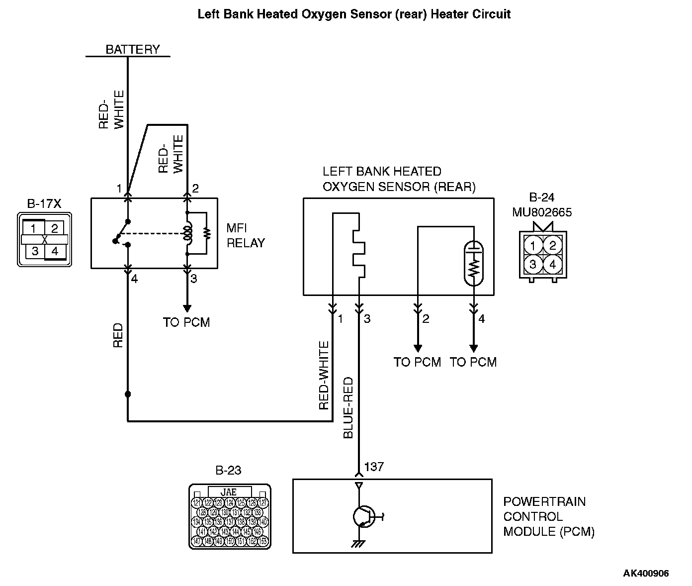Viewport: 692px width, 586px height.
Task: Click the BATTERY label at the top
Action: point(133,49)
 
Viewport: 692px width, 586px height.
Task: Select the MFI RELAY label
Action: point(246,235)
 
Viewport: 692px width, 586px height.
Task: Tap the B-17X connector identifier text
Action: point(44,203)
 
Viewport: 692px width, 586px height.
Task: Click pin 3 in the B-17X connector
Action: point(34,251)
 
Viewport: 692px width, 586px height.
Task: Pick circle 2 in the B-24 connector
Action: point(552,245)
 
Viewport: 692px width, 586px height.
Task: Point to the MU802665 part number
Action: point(542,213)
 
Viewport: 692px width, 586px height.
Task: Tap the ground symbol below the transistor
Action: point(357,544)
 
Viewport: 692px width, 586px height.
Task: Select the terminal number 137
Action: point(374,467)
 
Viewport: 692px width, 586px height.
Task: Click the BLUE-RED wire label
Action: point(348,407)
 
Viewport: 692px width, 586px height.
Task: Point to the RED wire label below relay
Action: point(118,336)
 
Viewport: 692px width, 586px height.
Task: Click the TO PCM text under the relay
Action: point(186,322)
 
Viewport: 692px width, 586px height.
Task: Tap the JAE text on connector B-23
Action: point(229,491)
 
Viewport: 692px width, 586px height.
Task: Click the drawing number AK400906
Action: point(646,573)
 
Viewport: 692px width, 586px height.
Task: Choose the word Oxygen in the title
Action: point(323,14)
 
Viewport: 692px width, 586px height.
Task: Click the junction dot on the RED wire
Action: point(128,394)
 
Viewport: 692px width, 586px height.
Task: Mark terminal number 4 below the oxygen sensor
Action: point(481,319)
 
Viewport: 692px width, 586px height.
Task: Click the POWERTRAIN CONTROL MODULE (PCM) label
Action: point(548,516)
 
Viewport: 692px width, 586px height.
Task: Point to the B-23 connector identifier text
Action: point(229,471)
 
